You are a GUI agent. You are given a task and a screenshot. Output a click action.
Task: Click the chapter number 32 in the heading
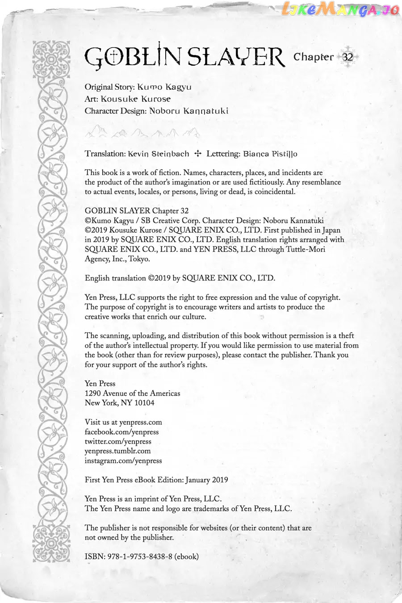click(348, 57)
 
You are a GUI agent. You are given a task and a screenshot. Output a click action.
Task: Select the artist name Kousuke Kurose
click(135, 99)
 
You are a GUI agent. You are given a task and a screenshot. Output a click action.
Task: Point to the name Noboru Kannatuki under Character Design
click(188, 111)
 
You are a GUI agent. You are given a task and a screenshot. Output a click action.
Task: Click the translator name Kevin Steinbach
click(158, 154)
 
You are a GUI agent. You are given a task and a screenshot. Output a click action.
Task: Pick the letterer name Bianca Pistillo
click(270, 154)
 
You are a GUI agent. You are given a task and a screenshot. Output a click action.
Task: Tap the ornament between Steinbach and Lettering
click(198, 154)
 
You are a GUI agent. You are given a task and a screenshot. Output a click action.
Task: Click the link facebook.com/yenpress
click(121, 432)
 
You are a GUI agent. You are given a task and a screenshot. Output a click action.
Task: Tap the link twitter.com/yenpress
click(118, 441)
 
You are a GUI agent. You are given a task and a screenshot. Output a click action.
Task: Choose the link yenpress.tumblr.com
click(117, 451)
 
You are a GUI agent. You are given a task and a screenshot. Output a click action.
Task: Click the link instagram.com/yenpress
click(123, 461)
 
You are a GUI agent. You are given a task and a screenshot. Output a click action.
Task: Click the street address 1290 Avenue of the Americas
click(132, 393)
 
